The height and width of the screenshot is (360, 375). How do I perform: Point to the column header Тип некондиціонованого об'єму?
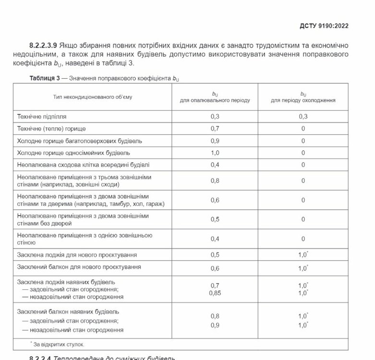(93, 97)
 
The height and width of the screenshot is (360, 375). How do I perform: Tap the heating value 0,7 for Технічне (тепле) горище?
(215, 129)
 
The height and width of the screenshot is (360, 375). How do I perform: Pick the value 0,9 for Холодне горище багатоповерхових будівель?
(215, 141)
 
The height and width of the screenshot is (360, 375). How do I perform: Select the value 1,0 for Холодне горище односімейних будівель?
(215, 153)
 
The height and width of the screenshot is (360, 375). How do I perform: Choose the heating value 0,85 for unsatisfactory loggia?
(215, 293)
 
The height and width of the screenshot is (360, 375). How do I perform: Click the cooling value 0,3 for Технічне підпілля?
(303, 117)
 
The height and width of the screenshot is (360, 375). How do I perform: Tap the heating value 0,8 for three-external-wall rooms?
(215, 181)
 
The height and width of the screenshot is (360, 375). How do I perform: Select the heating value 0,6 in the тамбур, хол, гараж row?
(215, 200)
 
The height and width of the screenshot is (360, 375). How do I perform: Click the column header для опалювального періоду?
(215, 101)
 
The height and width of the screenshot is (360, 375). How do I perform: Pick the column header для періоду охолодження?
(303, 101)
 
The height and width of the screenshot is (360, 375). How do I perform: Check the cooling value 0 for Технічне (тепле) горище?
(303, 129)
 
